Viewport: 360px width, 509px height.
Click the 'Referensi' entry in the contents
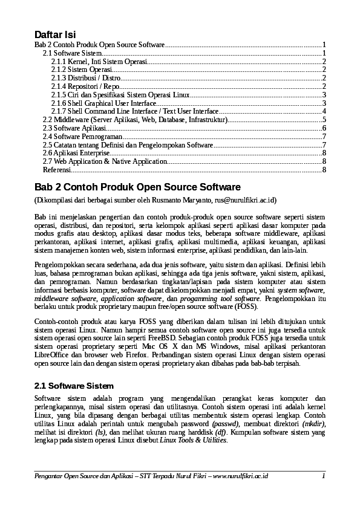point(56,170)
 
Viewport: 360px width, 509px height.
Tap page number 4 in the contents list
point(324,112)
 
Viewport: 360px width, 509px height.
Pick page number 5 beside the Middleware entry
point(324,120)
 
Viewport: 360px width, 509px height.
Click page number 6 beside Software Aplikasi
point(324,128)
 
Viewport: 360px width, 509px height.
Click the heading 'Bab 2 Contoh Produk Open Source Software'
point(137,187)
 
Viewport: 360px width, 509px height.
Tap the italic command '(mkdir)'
point(312,424)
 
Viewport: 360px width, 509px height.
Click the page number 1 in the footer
point(324,476)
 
